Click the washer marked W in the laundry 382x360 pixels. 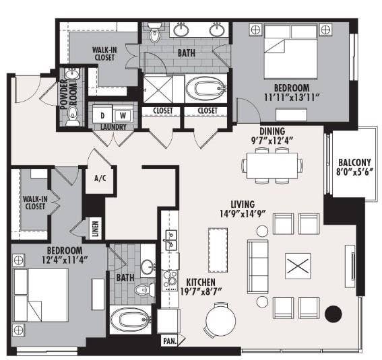(123, 115)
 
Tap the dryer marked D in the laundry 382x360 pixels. (102, 115)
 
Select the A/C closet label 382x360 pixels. (100, 178)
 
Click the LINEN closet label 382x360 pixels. (96, 229)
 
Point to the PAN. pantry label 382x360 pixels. (170, 341)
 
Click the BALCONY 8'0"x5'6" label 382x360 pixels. (354, 167)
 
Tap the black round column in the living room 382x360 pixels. (333, 314)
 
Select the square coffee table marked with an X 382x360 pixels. (298, 266)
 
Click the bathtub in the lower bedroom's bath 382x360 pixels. (130, 320)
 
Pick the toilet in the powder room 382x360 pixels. (72, 116)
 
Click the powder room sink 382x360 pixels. (72, 73)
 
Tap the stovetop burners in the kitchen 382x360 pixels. (170, 281)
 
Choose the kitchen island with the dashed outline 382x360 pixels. (218, 250)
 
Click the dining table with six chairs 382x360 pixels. (272, 166)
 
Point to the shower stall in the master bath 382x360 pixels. (158, 89)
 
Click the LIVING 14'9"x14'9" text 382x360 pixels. (243, 209)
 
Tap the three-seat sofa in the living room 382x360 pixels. (258, 266)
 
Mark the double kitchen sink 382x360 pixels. (171, 240)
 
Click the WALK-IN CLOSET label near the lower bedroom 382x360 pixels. (35, 203)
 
